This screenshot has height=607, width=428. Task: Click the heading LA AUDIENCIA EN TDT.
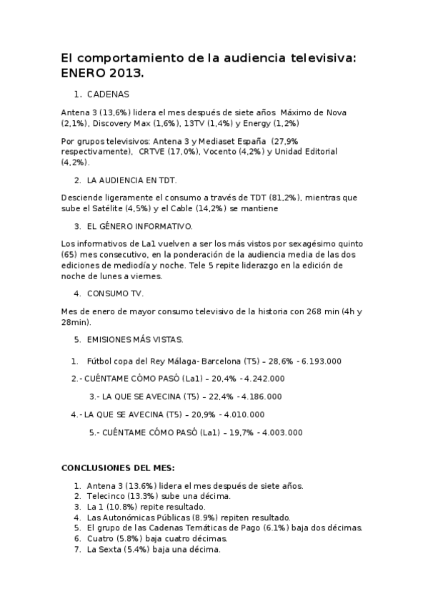(131, 180)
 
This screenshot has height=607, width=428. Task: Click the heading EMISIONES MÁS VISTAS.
(135, 339)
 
